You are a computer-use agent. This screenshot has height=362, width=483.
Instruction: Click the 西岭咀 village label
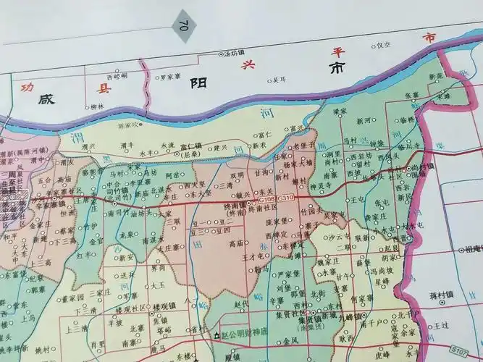[117, 75]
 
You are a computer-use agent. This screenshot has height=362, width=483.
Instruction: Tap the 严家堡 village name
[288, 274]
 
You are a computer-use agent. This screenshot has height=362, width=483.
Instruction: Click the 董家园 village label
[73, 297]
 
